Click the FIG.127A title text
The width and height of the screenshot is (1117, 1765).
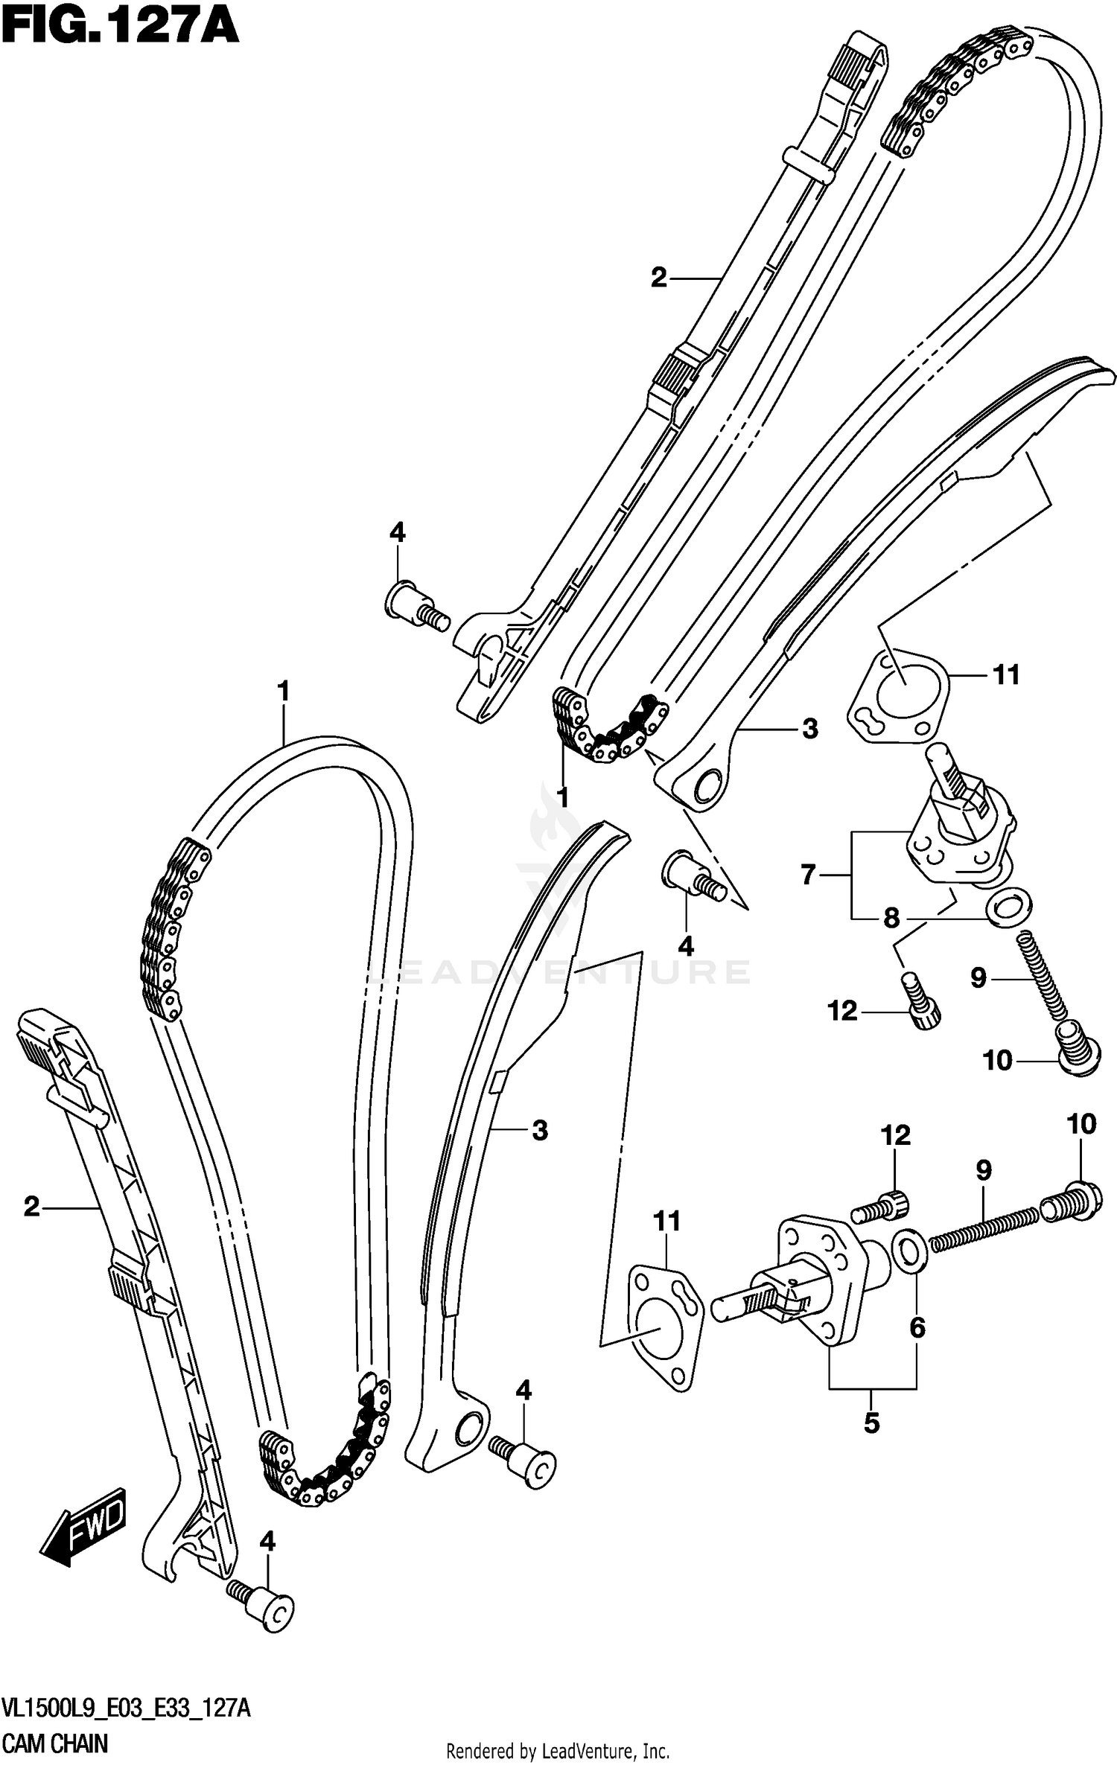point(119,30)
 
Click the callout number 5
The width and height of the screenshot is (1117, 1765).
point(871,1423)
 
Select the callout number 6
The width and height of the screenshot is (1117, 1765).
point(917,1327)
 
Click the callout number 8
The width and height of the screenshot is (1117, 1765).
point(891,918)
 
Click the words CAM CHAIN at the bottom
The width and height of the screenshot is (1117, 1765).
point(56,1743)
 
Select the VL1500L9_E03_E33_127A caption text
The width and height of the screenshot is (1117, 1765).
point(127,1709)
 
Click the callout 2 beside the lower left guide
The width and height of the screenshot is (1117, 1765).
point(31,1206)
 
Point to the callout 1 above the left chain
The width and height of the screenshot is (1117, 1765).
point(283,692)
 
